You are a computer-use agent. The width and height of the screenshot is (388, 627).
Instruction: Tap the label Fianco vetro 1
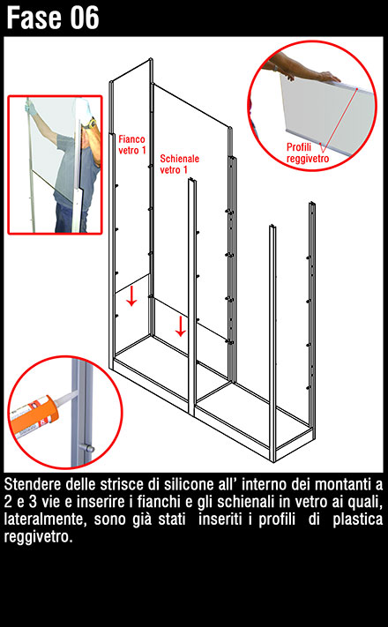(131, 145)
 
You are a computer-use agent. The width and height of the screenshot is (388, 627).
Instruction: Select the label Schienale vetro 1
(179, 164)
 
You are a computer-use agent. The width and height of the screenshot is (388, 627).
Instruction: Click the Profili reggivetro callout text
(308, 153)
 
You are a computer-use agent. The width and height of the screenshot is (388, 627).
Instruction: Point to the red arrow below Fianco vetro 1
(131, 295)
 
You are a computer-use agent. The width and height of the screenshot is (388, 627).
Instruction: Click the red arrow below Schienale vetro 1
(181, 326)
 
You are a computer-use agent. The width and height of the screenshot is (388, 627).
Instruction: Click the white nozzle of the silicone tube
(65, 396)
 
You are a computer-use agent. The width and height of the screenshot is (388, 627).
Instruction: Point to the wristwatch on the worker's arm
(90, 123)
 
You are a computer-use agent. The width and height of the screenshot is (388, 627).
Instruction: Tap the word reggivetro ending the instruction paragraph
(38, 537)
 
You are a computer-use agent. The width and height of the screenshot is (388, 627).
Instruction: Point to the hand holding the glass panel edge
(327, 77)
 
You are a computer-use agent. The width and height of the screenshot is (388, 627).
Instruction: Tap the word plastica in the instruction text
(358, 519)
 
